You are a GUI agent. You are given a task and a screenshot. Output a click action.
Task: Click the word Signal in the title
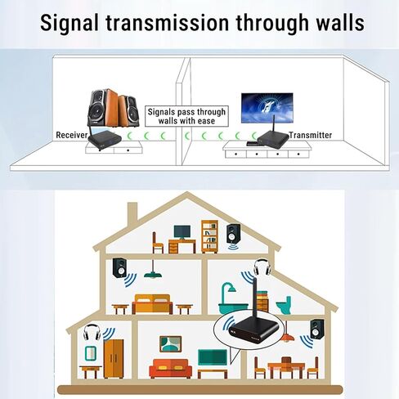click(x=69, y=23)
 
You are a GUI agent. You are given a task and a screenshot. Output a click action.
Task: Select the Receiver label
click(x=72, y=135)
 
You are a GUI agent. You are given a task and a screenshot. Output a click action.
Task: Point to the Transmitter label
click(x=311, y=135)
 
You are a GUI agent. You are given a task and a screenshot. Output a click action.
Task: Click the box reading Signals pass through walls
click(x=186, y=116)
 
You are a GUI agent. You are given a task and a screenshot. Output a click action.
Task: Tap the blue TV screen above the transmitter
click(x=267, y=108)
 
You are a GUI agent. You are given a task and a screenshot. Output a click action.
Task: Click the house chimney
click(x=132, y=215)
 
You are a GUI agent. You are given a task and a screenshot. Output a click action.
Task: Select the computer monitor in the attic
click(x=182, y=233)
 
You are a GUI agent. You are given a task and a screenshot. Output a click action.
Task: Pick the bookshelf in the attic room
click(x=209, y=236)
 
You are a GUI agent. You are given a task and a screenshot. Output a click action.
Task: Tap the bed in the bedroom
click(x=152, y=304)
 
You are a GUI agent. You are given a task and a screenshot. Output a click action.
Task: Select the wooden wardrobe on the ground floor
click(x=114, y=359)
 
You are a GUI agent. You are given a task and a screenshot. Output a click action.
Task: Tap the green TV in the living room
click(x=213, y=357)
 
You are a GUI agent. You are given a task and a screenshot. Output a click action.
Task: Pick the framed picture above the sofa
click(x=170, y=344)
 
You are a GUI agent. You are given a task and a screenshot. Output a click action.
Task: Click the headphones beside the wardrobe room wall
click(x=92, y=332)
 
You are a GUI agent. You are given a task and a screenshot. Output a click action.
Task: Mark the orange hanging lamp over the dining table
click(x=287, y=338)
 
